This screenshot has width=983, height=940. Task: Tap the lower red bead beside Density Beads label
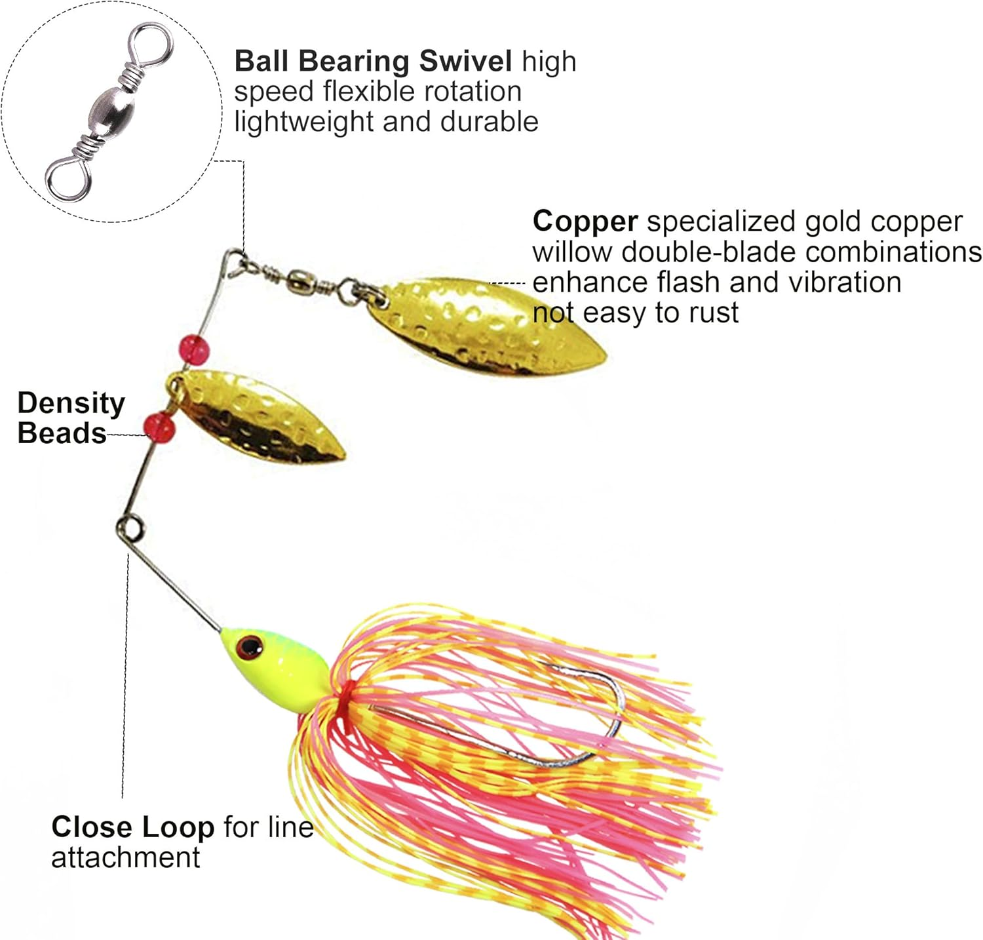[159, 428]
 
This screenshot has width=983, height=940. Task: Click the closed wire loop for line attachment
[130, 528]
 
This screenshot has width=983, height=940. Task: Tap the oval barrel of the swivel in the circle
[109, 106]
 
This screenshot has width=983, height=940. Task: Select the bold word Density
[71, 402]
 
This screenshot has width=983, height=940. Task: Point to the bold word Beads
[62, 433]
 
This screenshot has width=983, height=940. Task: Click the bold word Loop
[178, 827]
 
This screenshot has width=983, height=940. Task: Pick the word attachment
[126, 857]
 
